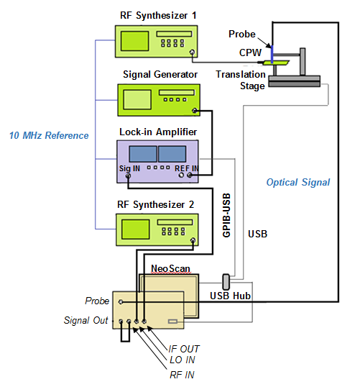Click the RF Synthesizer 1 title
pyautogui.click(x=158, y=16)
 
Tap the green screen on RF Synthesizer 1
pyautogui.click(x=134, y=41)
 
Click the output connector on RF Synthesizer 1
pyautogui.click(x=192, y=52)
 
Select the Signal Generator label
pyautogui.click(x=160, y=75)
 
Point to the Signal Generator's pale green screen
pyautogui.click(x=137, y=100)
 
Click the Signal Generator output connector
pyautogui.click(x=195, y=111)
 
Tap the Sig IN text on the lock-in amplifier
pyautogui.click(x=129, y=168)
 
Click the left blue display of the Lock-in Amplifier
pyautogui.click(x=143, y=154)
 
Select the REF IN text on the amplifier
pyautogui.click(x=186, y=168)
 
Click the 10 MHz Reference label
pyautogui.click(x=49, y=135)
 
